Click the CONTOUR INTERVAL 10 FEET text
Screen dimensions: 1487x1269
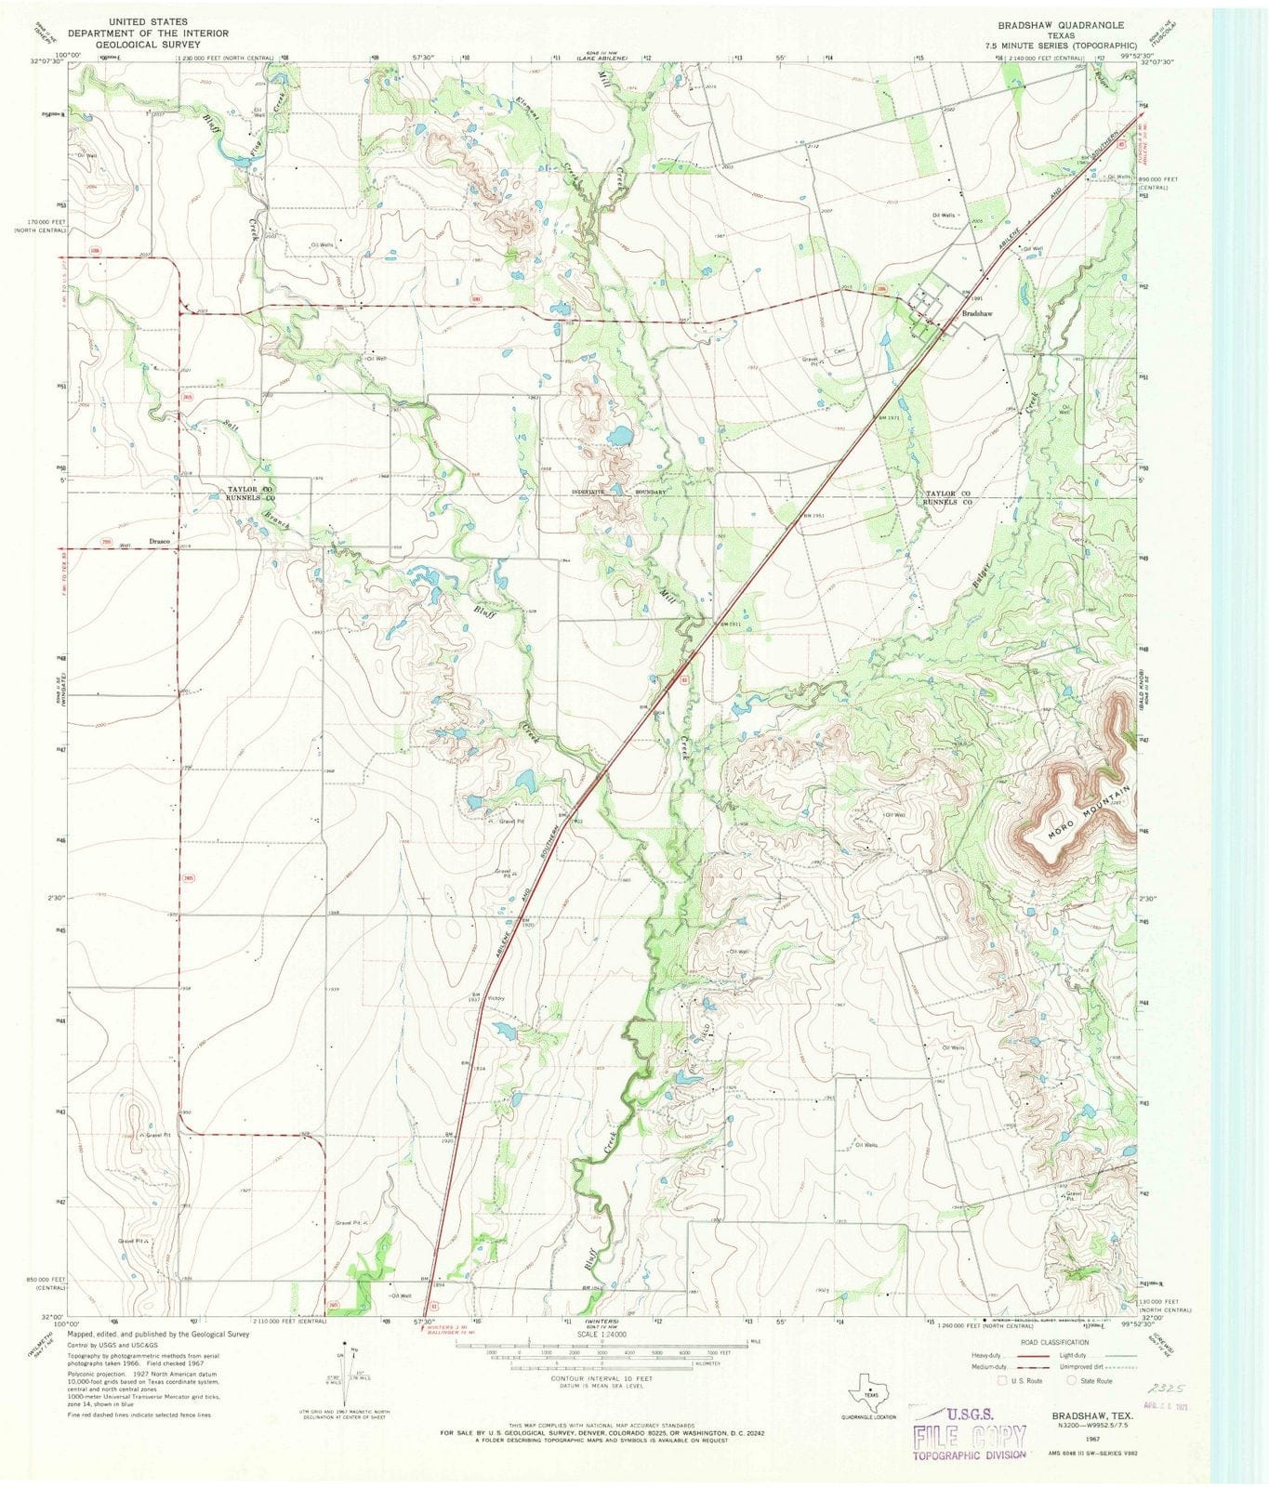click(x=605, y=1378)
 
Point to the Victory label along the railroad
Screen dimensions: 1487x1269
click(x=495, y=998)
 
